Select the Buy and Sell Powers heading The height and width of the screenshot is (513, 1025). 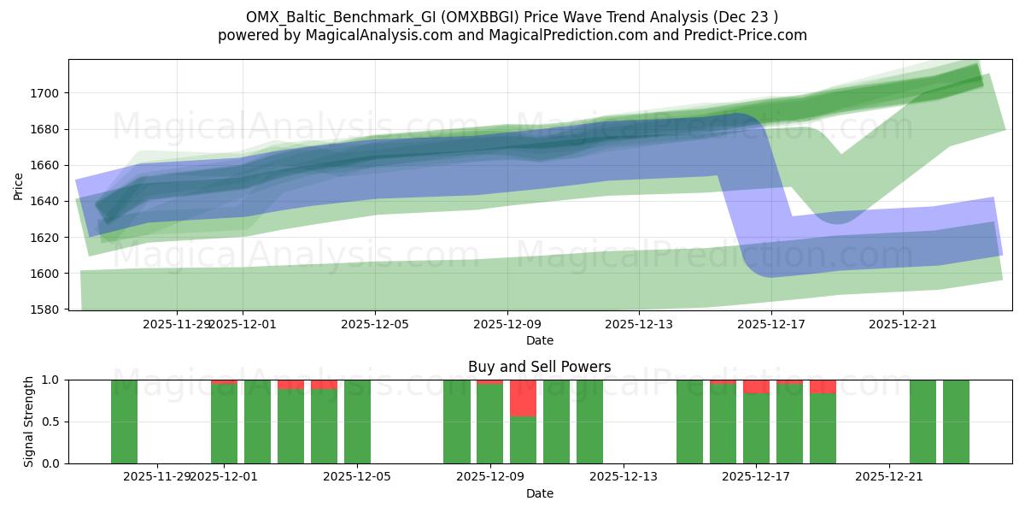539,367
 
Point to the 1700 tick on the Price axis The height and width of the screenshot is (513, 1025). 47,93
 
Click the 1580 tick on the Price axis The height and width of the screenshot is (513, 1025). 47,310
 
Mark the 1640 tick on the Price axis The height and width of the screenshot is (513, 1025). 47,202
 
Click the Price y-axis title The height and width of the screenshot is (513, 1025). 19,185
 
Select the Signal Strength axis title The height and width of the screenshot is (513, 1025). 29,422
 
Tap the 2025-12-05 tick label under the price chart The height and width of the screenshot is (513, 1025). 375,324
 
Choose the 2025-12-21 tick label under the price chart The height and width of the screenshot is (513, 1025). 903,324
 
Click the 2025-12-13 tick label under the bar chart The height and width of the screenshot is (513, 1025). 623,477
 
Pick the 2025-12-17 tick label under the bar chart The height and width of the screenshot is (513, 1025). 756,477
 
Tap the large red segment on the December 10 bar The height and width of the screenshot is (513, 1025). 523,398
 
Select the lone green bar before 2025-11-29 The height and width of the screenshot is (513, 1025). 124,422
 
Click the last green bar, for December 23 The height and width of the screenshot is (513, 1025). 956,422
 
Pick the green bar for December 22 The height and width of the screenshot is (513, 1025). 922,422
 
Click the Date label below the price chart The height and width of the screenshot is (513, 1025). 539,340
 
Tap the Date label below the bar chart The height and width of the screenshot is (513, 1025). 539,493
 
